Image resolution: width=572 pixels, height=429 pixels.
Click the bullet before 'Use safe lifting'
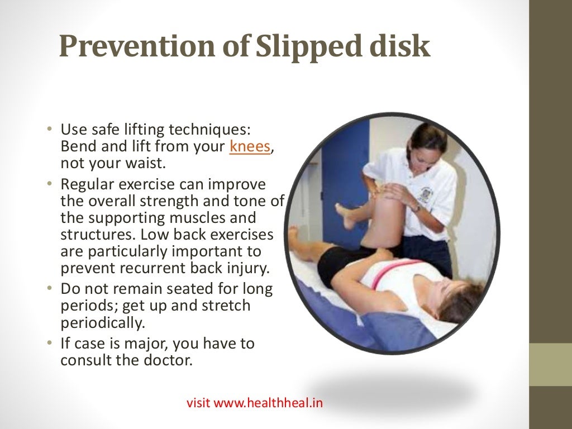tap(49, 130)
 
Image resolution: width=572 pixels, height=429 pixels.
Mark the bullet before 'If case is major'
tap(49, 343)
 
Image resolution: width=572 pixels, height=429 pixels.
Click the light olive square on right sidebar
tap(550, 364)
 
